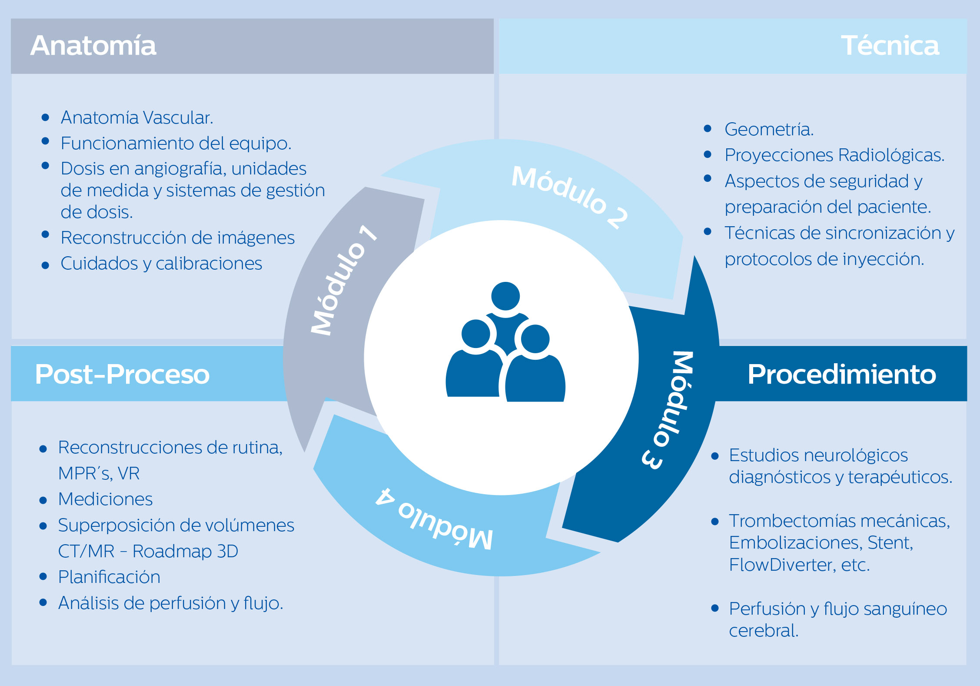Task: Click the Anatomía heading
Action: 93,46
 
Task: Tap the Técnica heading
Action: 890,46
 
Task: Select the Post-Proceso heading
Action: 122,374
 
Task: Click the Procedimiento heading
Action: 841,374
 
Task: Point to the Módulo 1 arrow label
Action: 343,281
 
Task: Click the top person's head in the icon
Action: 505,296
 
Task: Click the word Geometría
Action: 769,130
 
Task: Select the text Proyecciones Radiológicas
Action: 834,155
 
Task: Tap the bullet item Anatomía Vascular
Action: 137,117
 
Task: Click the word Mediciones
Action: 105,499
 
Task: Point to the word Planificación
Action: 109,577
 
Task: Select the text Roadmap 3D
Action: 185,551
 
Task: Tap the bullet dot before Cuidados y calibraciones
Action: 45,265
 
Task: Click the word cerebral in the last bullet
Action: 764,631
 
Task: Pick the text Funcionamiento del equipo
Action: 176,144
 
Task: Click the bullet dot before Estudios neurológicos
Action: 715,456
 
